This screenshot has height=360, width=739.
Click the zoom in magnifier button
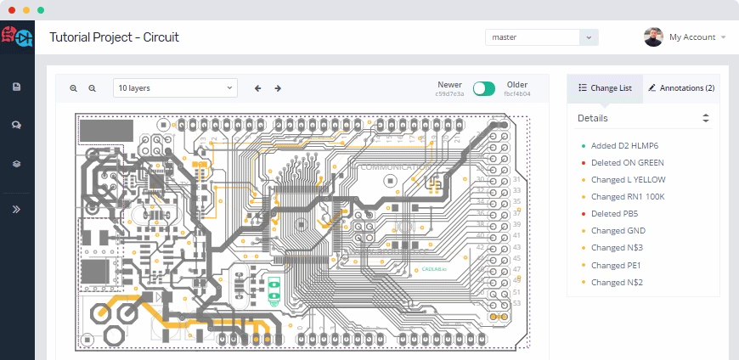(74, 88)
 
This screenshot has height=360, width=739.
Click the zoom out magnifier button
(93, 88)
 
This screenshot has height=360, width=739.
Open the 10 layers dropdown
(176, 87)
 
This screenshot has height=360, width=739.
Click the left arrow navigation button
(257, 88)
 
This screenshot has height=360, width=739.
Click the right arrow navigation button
(278, 88)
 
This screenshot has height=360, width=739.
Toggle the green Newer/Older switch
(484, 88)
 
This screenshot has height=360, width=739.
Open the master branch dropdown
(541, 37)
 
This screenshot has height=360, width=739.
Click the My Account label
(691, 37)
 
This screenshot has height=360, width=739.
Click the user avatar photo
(653, 37)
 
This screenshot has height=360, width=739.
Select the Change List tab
(605, 88)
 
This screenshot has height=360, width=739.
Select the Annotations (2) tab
(680, 88)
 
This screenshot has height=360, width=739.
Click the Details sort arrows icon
(705, 118)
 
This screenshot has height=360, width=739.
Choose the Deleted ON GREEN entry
(627, 162)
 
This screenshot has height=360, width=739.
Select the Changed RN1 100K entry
(628, 196)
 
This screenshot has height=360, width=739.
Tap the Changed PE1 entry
(616, 265)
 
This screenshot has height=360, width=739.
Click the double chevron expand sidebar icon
(16, 209)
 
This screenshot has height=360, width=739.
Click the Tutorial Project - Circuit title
(115, 37)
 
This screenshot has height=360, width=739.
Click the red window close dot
(12, 9)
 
